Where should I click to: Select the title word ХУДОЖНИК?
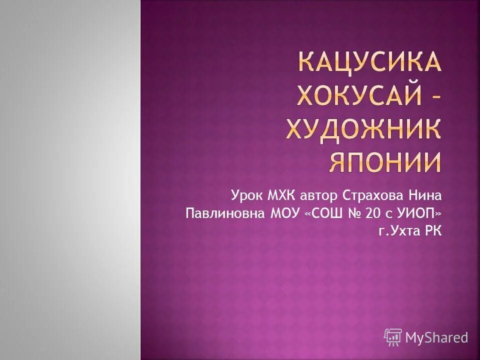pos(363,129)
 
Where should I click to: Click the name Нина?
pos(425,194)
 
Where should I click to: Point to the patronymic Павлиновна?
pos(225,213)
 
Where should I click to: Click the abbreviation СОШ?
pos(328,213)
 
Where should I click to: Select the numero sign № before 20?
pos(354,213)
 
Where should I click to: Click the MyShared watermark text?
pos(436,337)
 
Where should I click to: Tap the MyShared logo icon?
pos(393,337)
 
